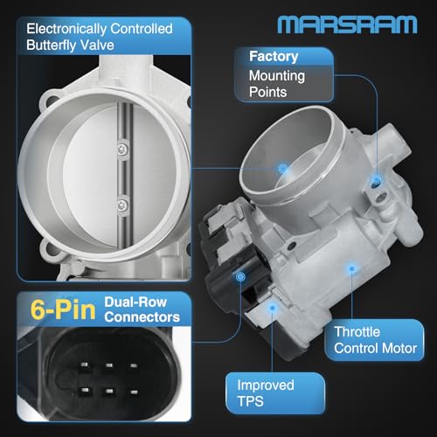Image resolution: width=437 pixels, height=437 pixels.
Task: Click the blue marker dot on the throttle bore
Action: pos(282,166)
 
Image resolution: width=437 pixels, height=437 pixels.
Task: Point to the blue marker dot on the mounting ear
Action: pos(375,178)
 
